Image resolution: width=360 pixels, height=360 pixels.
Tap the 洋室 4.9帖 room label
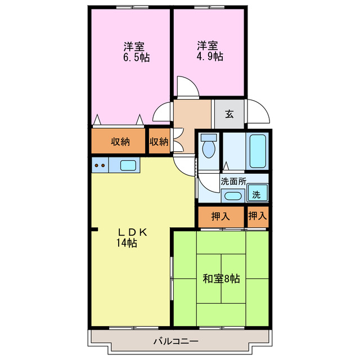click(x=209, y=51)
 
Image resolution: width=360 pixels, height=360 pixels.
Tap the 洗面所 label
click(x=233, y=182)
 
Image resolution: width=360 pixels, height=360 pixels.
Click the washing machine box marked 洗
click(x=256, y=195)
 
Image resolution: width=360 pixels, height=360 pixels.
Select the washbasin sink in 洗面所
click(x=232, y=196)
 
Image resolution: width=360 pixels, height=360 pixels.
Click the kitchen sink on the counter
click(x=127, y=165)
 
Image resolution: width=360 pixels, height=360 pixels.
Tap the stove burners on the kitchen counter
click(x=100, y=165)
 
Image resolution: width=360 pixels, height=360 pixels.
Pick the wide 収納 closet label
click(x=120, y=142)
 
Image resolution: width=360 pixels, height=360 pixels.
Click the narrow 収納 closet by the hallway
click(x=159, y=142)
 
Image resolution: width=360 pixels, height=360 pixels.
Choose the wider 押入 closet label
click(x=220, y=216)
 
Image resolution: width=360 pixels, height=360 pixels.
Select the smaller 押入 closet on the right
click(x=257, y=216)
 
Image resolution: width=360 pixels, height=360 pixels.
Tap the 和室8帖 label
click(x=221, y=278)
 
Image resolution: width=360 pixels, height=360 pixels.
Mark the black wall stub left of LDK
click(x=94, y=229)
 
